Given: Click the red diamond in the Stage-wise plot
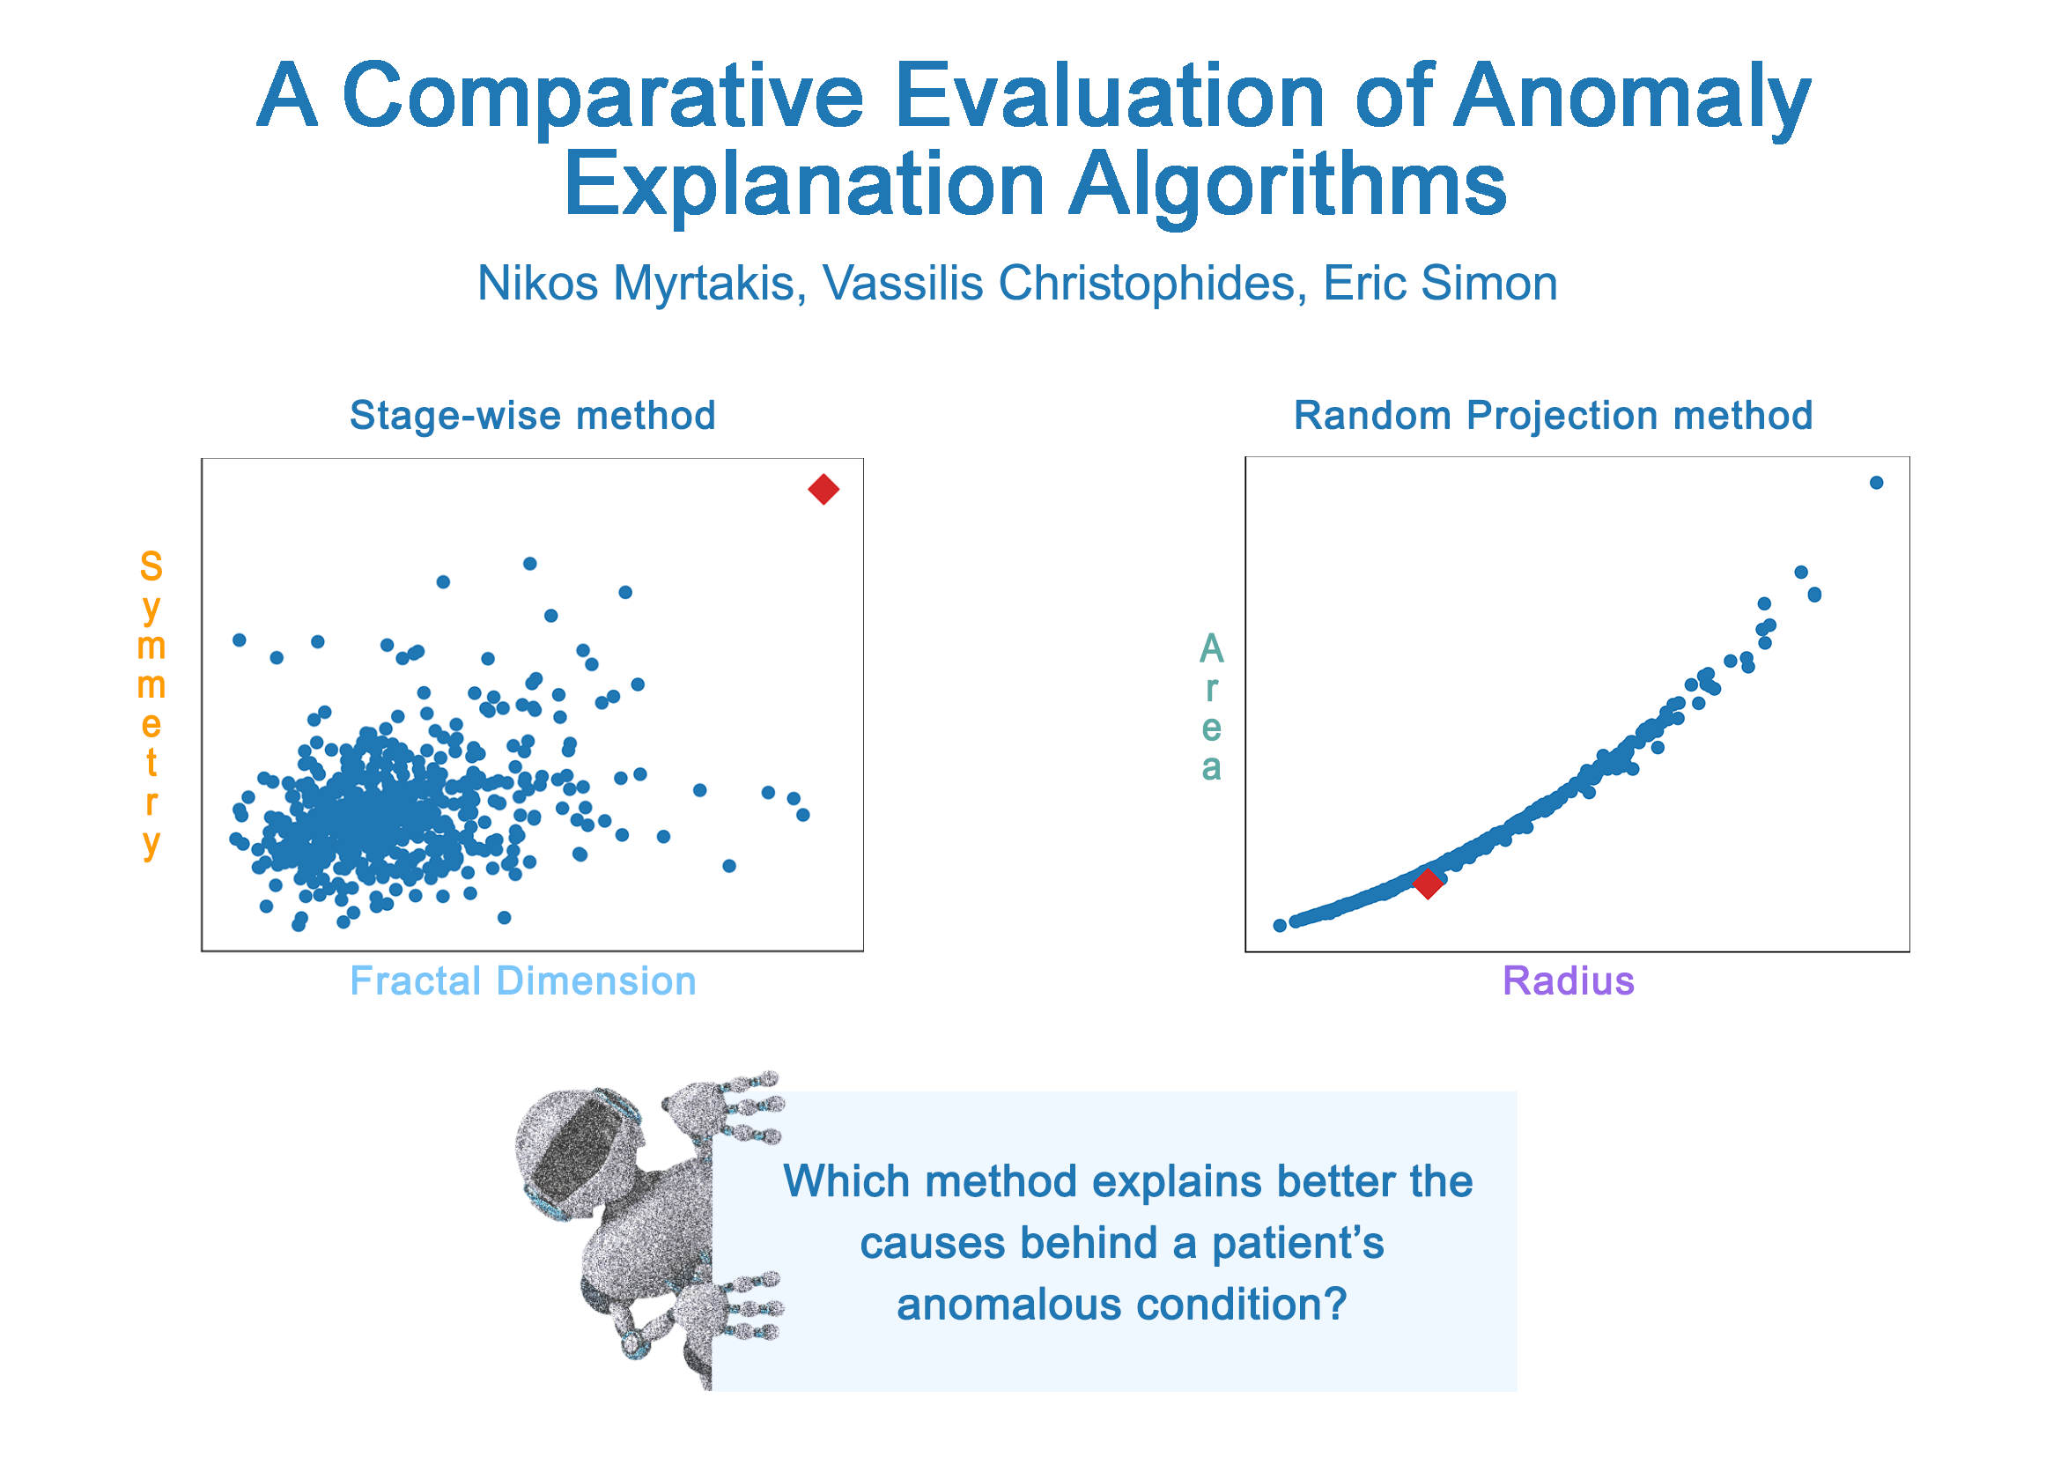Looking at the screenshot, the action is [823, 490].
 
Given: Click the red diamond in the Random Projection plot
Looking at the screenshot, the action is [1428, 884].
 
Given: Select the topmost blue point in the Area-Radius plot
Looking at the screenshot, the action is [1876, 483].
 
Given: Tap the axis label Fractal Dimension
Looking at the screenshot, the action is [523, 981].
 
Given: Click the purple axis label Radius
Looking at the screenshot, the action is [1569, 981].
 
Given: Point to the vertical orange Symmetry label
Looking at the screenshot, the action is [151, 706].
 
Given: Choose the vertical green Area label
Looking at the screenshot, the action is [1212, 707].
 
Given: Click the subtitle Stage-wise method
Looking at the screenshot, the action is [533, 416].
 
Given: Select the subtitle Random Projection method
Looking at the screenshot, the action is [1554, 417].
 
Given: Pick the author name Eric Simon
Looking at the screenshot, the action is [1440, 284].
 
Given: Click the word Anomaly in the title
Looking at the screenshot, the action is [1631, 97].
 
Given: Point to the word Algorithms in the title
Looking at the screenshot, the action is [1288, 187].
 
